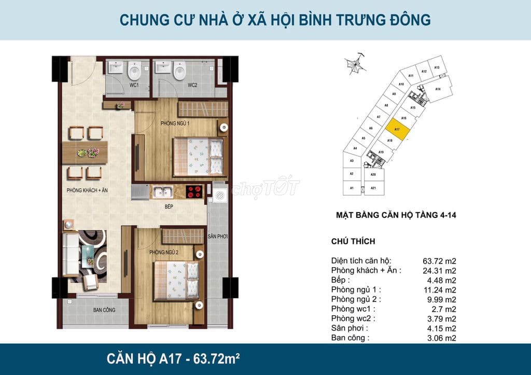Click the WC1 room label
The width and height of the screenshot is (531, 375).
click(x=134, y=85)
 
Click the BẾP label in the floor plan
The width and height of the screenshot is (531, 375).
click(x=169, y=206)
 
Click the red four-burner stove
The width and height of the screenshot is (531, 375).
click(x=194, y=192)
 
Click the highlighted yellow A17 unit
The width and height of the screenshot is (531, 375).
click(x=397, y=130)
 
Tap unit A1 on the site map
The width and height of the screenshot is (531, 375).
click(x=352, y=188)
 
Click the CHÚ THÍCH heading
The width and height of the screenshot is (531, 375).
click(x=353, y=241)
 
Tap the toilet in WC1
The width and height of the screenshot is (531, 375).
click(x=135, y=70)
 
